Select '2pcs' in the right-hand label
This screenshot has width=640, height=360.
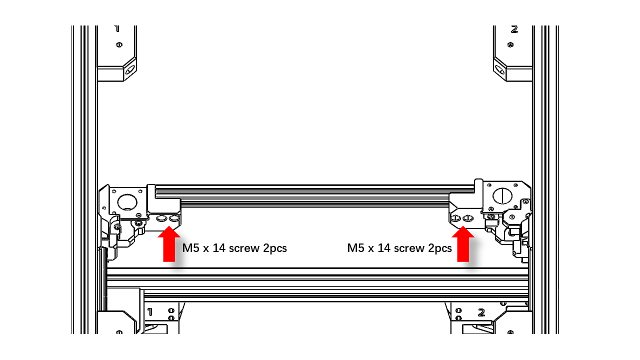[439, 248]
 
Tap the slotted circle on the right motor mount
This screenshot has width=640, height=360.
[502, 196]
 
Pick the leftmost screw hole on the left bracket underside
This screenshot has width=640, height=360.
[161, 218]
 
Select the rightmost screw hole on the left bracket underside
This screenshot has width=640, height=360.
[174, 218]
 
